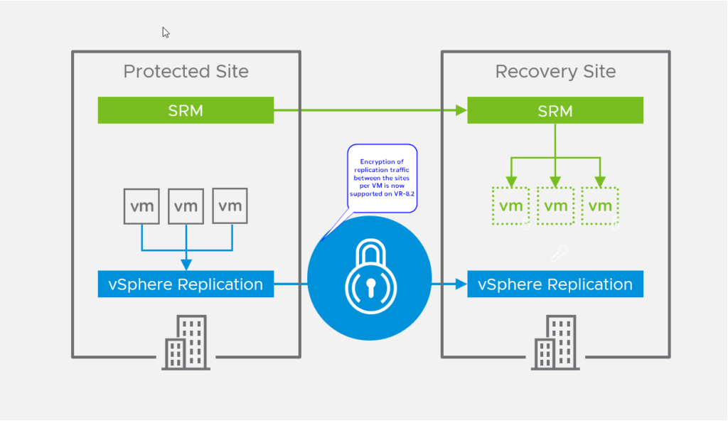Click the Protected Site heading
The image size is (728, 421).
click(x=186, y=71)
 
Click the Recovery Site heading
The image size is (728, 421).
click(x=555, y=71)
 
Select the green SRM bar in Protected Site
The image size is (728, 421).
click(x=186, y=110)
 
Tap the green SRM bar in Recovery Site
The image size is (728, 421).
click(x=555, y=110)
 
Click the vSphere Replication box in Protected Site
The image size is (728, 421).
click(x=186, y=284)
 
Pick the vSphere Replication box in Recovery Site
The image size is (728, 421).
click(x=555, y=284)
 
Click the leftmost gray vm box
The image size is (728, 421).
click(x=141, y=206)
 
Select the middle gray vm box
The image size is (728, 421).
click(x=186, y=206)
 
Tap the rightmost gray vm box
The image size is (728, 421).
click(x=230, y=206)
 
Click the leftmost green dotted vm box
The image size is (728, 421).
click(x=510, y=206)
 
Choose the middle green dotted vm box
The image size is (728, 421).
click(x=555, y=206)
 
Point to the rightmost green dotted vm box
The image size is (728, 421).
click(x=600, y=206)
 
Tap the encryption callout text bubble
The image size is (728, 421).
click(x=382, y=177)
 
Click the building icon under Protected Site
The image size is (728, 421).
click(x=186, y=343)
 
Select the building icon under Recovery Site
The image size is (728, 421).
click(x=555, y=343)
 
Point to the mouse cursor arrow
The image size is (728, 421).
click(x=165, y=32)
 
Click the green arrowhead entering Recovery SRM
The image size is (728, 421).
click(x=461, y=110)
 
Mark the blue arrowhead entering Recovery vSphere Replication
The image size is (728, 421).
click(x=461, y=284)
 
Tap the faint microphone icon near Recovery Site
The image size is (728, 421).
click(x=560, y=253)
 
